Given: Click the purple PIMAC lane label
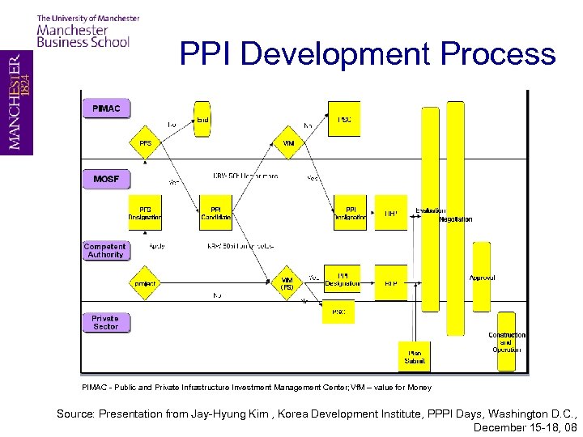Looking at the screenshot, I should [105, 108].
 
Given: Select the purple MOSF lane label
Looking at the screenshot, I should [105, 179].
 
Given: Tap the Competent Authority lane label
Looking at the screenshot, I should [105, 251].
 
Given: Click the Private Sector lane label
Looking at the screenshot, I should [105, 322].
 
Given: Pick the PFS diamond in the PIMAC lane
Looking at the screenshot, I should [145, 143].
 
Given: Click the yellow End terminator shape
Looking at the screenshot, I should [202, 120].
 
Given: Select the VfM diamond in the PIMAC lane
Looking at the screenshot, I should [288, 143].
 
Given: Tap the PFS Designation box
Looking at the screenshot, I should [145, 213].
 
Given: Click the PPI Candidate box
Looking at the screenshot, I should [215, 213].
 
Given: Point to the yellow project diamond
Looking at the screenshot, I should [145, 283].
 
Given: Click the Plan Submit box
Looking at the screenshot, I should [415, 356].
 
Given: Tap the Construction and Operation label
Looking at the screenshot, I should [507, 342].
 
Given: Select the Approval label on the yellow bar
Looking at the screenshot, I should [482, 278].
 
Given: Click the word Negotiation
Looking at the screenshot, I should [455, 219].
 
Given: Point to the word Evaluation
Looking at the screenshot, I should [430, 210].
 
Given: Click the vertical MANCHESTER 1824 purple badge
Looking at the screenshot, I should [16, 101].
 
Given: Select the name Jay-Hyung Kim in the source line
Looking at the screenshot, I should [230, 414].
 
